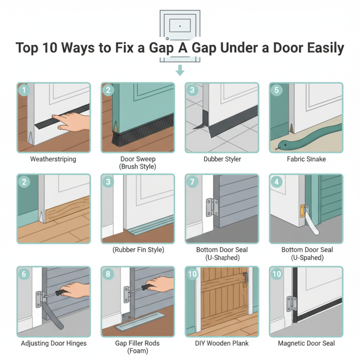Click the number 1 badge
[x=24, y=90]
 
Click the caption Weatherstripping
[x=53, y=159]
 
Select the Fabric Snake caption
[x=306, y=159]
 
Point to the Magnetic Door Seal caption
[x=306, y=343]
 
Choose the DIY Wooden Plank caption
[x=221, y=343]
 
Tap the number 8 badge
[x=108, y=273]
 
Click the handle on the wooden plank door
[x=245, y=279]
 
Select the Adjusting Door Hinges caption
[x=53, y=343]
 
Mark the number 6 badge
[x=24, y=273]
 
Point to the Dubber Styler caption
[x=221, y=159]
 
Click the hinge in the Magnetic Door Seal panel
[x=291, y=303]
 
